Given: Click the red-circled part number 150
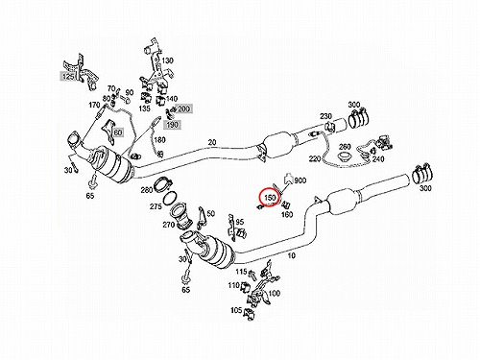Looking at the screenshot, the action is pyautogui.click(x=270, y=198).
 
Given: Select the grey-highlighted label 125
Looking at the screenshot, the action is pyautogui.click(x=68, y=77).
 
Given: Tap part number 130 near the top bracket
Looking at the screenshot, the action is pyautogui.click(x=167, y=60).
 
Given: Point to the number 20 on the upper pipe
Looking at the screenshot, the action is pyautogui.click(x=212, y=142).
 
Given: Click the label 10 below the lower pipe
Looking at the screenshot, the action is pyautogui.click(x=291, y=255).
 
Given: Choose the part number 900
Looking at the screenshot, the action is pyautogui.click(x=300, y=180).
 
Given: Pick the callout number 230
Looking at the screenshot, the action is pyautogui.click(x=325, y=116).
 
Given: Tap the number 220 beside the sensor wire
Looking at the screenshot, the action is pyautogui.click(x=315, y=158).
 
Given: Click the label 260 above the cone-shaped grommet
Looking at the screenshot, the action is pyautogui.click(x=345, y=147).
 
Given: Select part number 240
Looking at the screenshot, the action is pyautogui.click(x=378, y=158).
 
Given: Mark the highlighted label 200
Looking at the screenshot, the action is pyautogui.click(x=183, y=108).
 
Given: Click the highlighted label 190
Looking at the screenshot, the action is pyautogui.click(x=172, y=125).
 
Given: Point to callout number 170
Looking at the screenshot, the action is pyautogui.click(x=94, y=105).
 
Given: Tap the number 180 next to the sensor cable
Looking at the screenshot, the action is pyautogui.click(x=159, y=140).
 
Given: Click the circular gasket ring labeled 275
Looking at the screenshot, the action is pyautogui.click(x=171, y=199).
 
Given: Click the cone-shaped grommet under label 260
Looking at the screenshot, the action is pyautogui.click(x=346, y=157).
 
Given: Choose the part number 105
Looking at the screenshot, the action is pyautogui.click(x=236, y=310).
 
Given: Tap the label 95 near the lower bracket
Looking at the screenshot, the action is pyautogui.click(x=240, y=222).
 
